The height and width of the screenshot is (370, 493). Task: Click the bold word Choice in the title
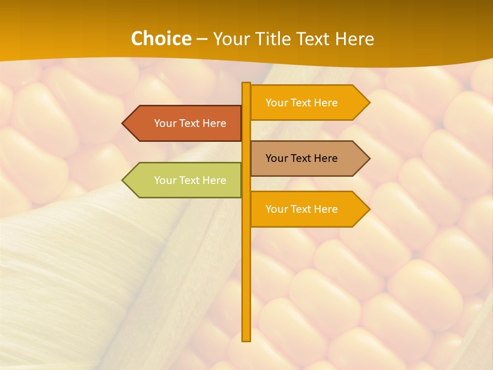click(161, 39)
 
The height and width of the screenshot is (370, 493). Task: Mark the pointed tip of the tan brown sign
click(368, 158)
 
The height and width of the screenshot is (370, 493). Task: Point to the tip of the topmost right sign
click(368, 103)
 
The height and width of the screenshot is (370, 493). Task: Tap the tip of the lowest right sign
click(368, 209)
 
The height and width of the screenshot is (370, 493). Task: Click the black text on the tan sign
click(301, 158)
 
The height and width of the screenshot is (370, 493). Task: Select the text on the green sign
click(190, 180)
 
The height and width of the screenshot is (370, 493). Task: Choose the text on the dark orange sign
click(190, 123)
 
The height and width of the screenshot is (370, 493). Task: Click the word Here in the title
click(355, 39)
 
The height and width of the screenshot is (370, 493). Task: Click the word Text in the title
click(313, 39)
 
